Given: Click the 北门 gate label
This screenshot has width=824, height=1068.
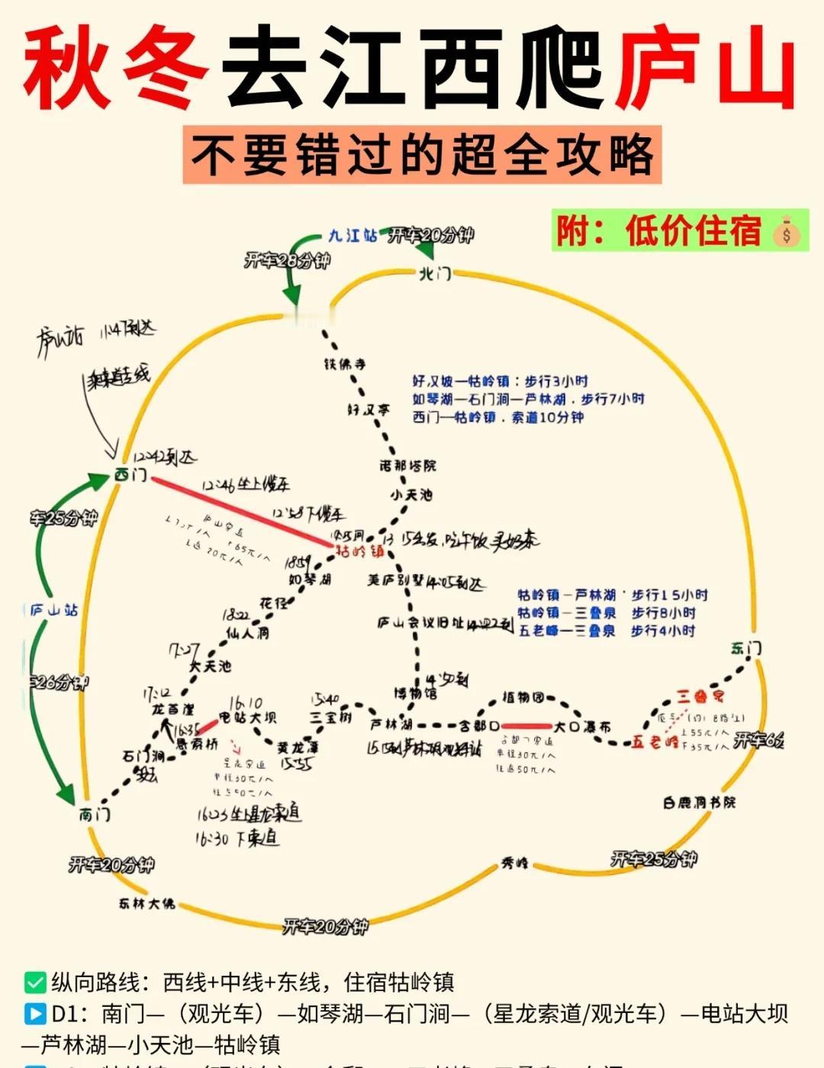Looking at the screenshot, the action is tap(435, 273).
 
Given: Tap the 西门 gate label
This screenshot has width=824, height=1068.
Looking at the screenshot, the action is tap(130, 474).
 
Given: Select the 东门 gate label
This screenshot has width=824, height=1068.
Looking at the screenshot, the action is tap(745, 649).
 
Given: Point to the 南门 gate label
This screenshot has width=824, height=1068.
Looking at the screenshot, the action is tap(95, 815).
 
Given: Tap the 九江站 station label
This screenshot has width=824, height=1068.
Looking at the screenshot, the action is tap(352, 236).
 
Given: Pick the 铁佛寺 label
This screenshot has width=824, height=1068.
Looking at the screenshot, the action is tap(345, 364).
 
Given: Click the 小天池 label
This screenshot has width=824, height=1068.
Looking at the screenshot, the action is tap(411, 494).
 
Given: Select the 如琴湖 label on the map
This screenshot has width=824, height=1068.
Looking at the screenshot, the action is tap(310, 580).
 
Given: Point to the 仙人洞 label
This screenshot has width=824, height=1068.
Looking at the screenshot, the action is tap(247, 632).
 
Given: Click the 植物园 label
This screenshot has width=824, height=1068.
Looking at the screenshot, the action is tap(523, 697).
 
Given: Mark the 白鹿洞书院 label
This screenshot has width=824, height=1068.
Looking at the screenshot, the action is tap(699, 803).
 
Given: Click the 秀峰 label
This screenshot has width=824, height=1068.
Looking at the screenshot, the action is tap(514, 864).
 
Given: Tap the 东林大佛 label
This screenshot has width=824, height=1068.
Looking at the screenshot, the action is tap(146, 903).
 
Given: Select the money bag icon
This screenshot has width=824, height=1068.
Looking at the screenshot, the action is tap(787, 232).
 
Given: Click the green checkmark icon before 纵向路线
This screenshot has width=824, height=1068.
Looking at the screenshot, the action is tap(35, 982).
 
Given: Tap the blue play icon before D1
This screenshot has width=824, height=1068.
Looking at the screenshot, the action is tap(35, 1013).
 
